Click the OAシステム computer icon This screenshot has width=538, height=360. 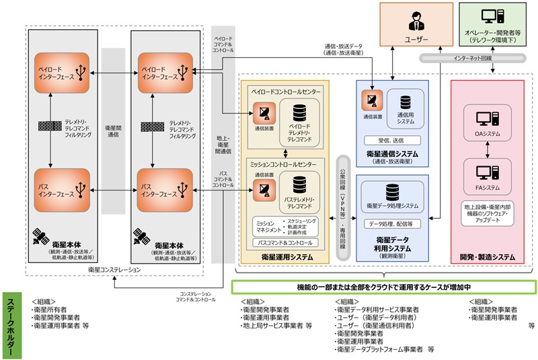486,120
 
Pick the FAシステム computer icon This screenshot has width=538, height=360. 486,173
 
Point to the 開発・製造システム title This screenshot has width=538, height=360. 488,257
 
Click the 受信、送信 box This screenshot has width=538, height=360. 391,141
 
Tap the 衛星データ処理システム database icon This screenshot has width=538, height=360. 392,190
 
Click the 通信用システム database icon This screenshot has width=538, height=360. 406,102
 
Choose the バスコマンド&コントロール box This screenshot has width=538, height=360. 285,242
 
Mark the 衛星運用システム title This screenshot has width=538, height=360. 285,257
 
